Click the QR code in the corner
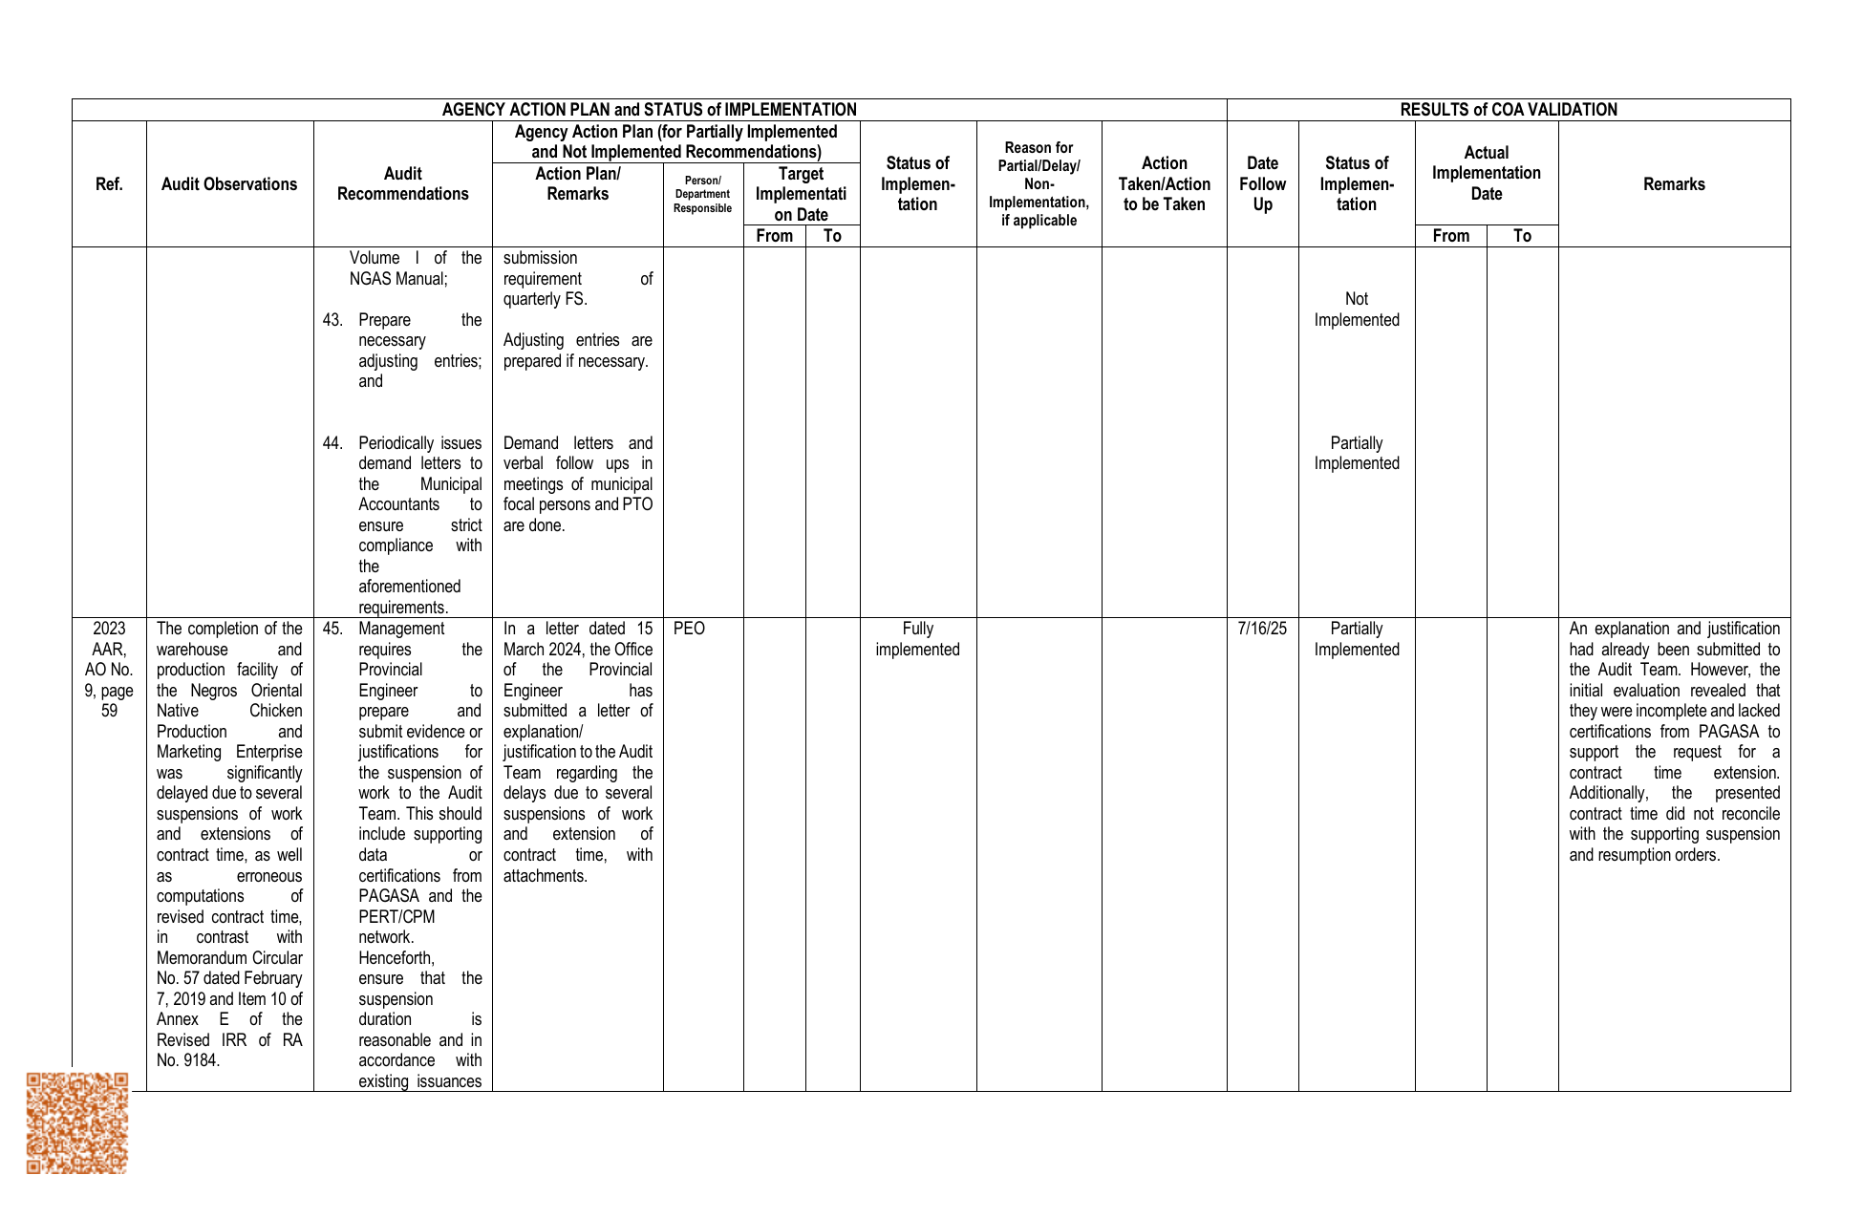coord(76,1122)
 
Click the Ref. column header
coord(109,184)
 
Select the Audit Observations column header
coord(229,184)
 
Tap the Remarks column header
coord(1674,184)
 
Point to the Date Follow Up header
coord(1262,184)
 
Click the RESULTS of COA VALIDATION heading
coord(1508,110)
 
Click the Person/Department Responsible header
coord(702,195)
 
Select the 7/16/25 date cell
coord(1262,629)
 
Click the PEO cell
coord(689,629)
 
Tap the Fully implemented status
coord(917,639)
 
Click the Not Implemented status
coord(1356,310)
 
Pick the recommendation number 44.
coord(332,443)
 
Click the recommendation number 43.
coord(332,320)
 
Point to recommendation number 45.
coord(332,629)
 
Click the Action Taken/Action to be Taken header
coord(1164,184)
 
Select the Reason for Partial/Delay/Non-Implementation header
coord(1039,184)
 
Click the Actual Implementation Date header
coord(1486,173)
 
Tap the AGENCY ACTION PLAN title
coord(649,110)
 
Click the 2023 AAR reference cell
coord(109,669)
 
